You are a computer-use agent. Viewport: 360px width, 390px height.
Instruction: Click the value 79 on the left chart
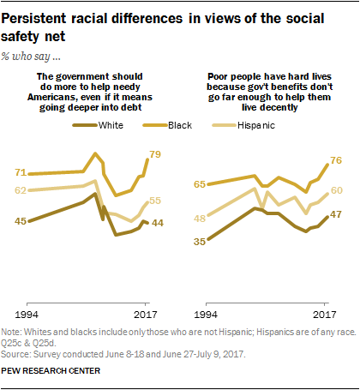(x=155, y=155)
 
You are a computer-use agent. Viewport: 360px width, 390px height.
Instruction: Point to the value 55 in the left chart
(x=155, y=201)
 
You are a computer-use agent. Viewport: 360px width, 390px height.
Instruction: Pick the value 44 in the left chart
(x=158, y=223)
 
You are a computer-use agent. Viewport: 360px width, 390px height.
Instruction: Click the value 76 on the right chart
(x=336, y=160)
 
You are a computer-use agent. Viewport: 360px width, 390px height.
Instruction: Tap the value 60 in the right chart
(x=336, y=191)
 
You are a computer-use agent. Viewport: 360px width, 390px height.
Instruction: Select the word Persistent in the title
(x=43, y=16)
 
